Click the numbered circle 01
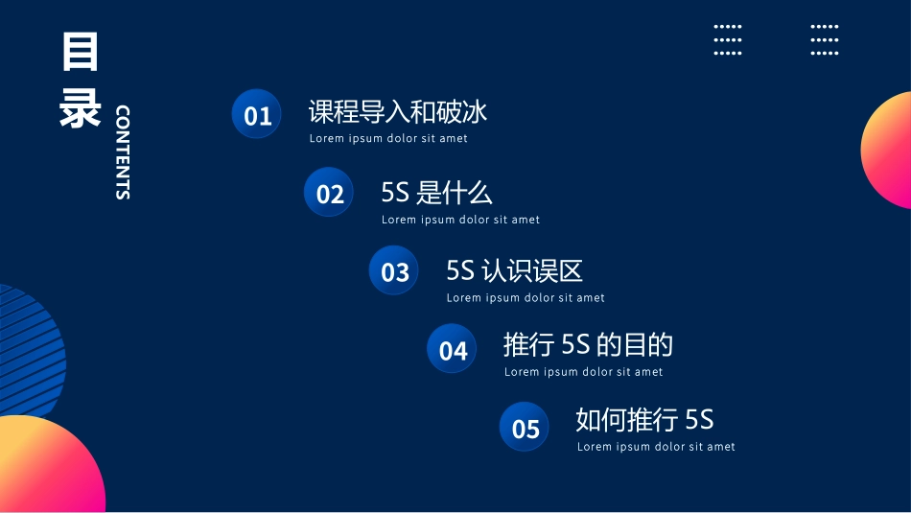click(x=257, y=115)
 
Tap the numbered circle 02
click(x=329, y=194)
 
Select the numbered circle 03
click(x=394, y=271)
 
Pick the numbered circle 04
click(x=453, y=349)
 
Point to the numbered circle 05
click(x=526, y=428)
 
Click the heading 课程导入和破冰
click(x=398, y=112)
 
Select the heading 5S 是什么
click(x=436, y=193)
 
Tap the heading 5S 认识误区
click(x=514, y=270)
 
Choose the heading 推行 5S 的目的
click(x=588, y=344)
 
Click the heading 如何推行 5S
click(x=644, y=420)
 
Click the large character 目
click(x=80, y=52)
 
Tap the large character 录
click(x=80, y=107)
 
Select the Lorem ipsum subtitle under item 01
click(x=388, y=139)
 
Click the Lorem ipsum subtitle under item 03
click(x=526, y=298)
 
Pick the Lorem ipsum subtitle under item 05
click(x=656, y=447)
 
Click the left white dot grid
click(x=728, y=40)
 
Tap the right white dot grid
click(x=825, y=40)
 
